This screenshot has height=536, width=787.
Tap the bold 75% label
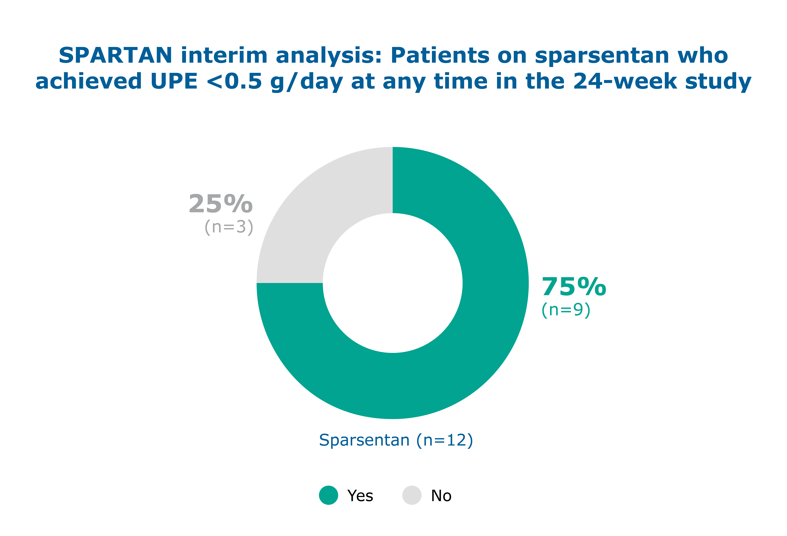[574, 287]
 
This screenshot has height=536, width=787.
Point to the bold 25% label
[220, 204]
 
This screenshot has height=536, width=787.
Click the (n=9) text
[566, 310]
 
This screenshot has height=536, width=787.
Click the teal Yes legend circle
[328, 495]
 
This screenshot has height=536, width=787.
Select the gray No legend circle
[412, 495]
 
